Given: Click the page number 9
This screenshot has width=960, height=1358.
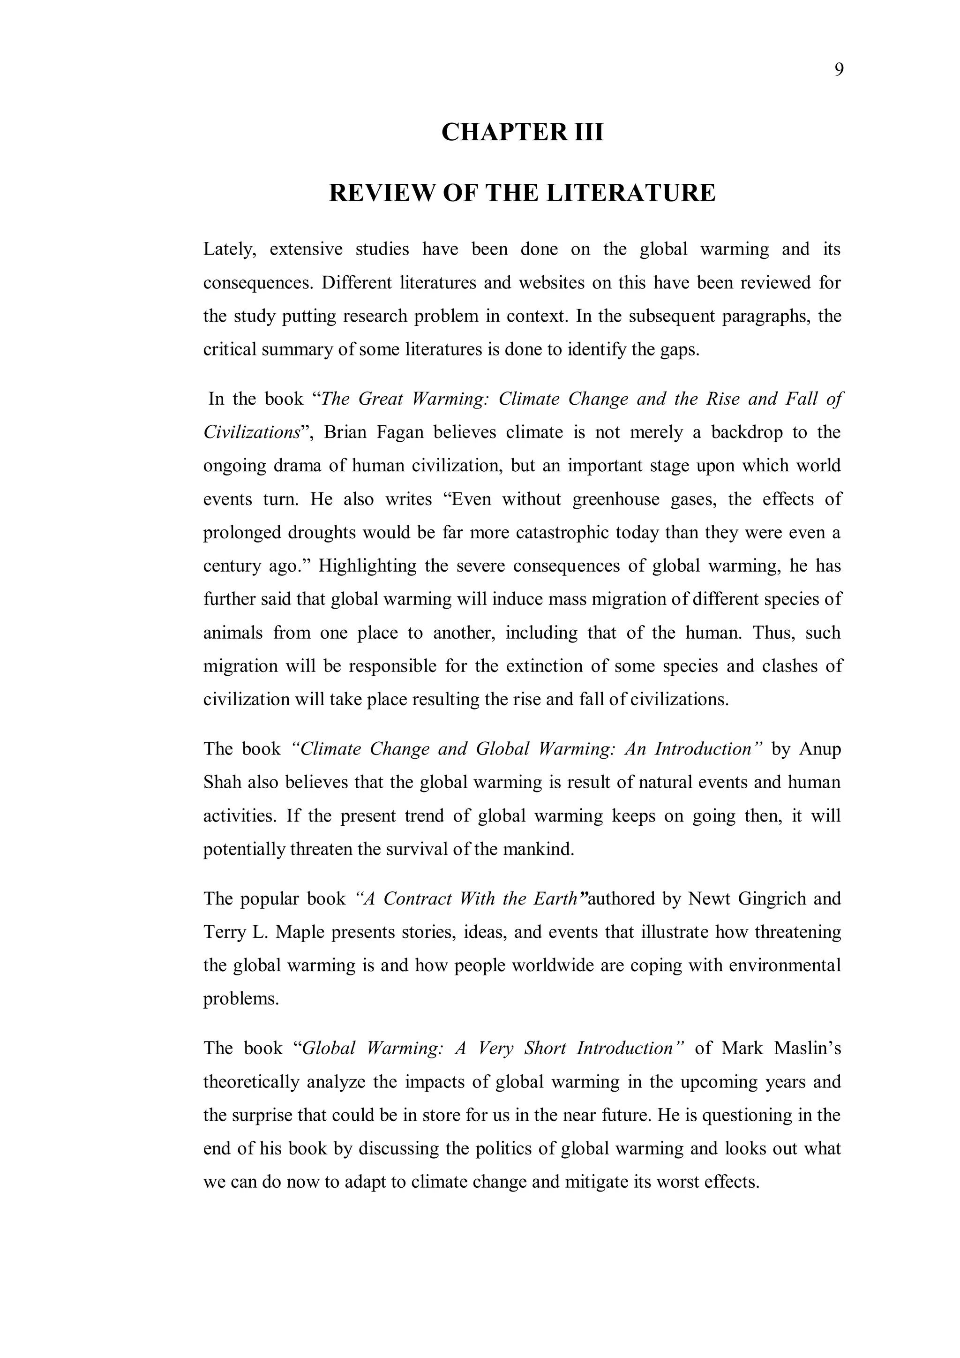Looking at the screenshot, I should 839,70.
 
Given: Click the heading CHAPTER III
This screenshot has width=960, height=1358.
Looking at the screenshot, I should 522,132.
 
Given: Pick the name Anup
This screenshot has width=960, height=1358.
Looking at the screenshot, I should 819,749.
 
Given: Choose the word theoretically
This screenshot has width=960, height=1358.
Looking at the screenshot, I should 251,1082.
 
